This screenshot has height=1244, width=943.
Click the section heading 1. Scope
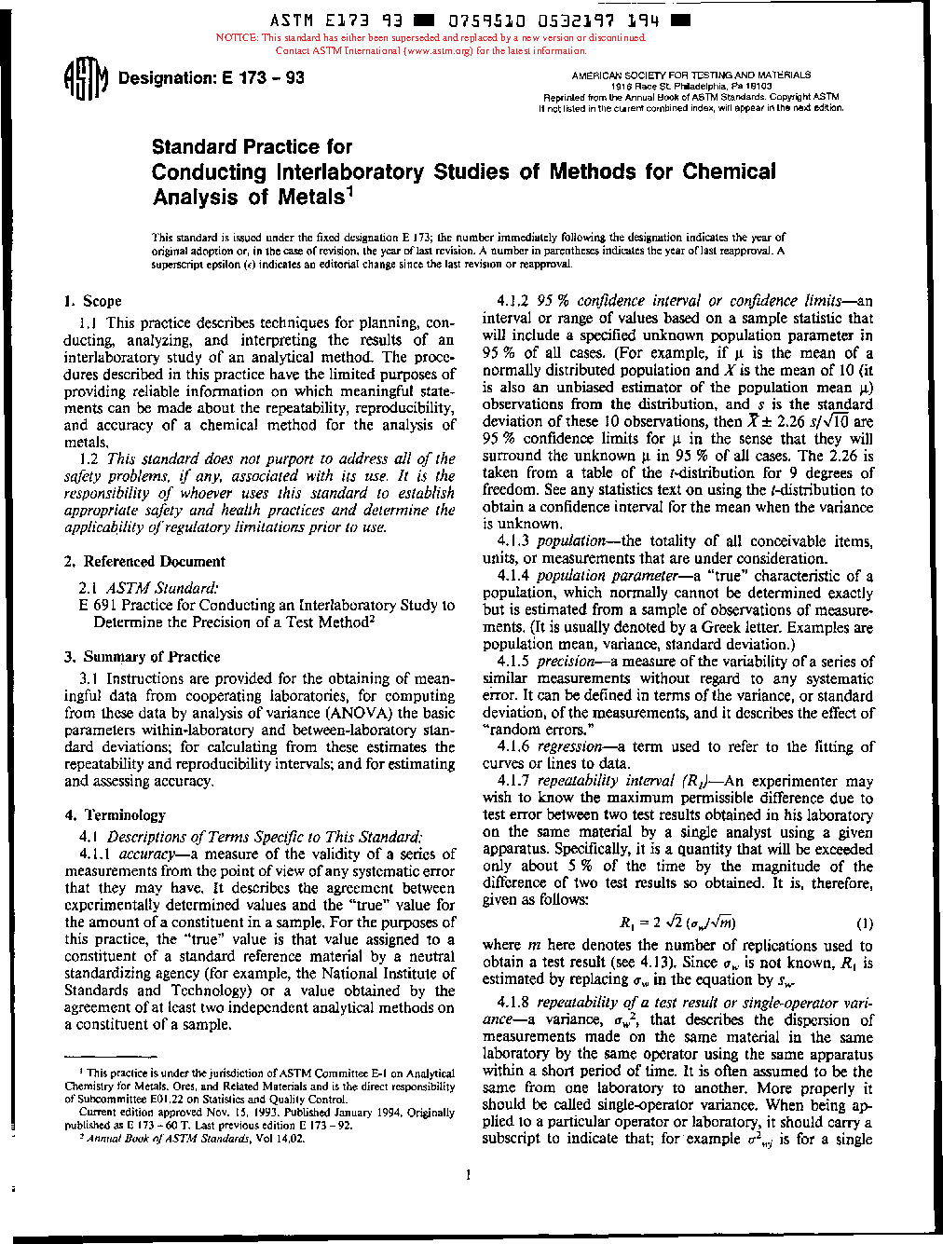tap(93, 301)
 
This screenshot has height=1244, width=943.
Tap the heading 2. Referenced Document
tap(145, 561)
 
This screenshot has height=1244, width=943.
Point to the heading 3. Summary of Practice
tap(143, 656)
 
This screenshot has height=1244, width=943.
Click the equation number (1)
tap(864, 923)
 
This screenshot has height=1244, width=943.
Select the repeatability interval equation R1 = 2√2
tap(677, 923)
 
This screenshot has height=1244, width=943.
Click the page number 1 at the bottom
tap(469, 1175)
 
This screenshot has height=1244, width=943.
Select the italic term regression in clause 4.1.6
tap(570, 746)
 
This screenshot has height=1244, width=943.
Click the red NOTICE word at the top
tap(237, 38)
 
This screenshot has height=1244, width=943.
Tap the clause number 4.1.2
tap(513, 301)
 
